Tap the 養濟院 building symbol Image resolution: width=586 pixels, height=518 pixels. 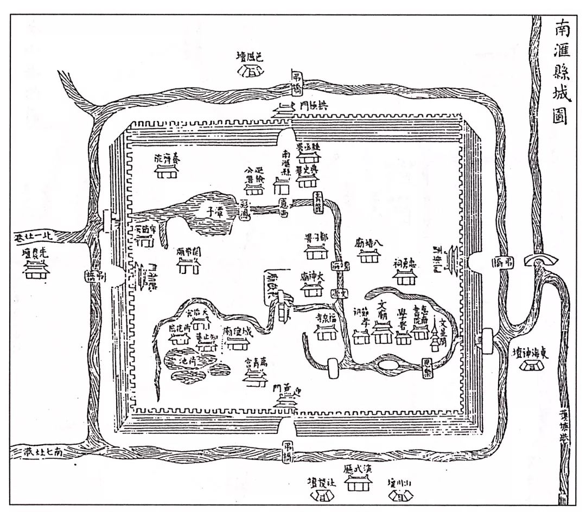[168, 171]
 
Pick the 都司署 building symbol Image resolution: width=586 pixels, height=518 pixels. [314, 253]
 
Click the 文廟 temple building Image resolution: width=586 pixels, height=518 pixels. [383, 332]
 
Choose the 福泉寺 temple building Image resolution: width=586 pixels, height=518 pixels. [326, 332]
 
